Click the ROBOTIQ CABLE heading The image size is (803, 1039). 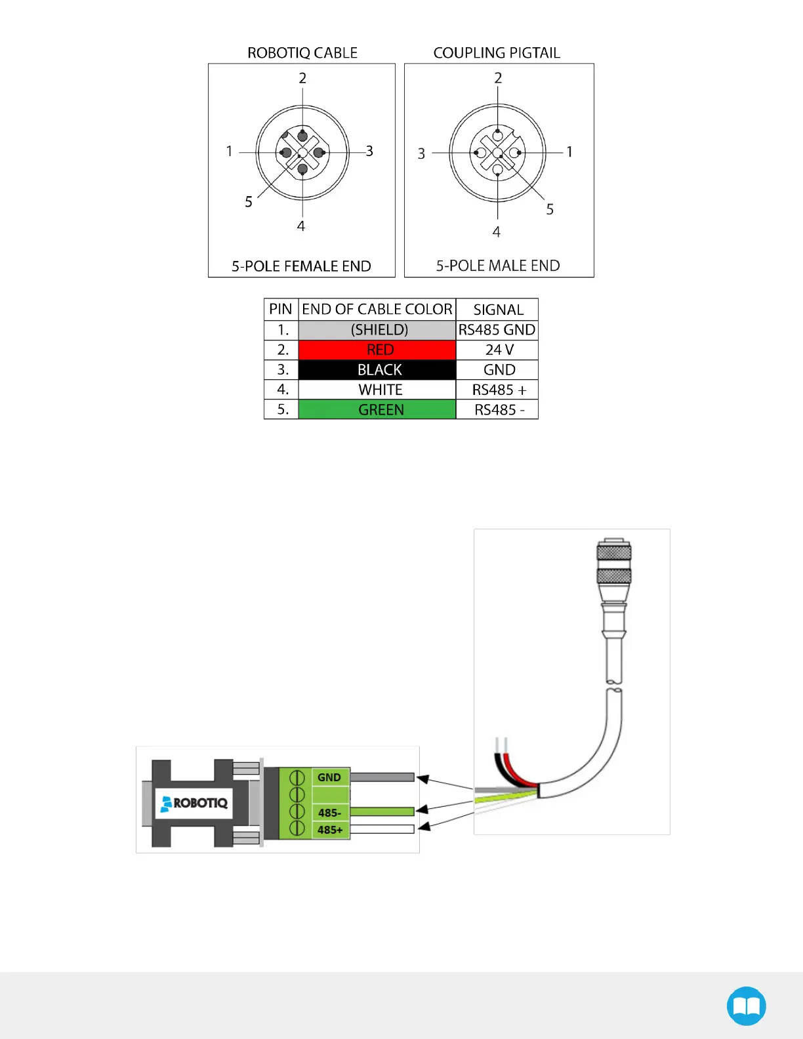tap(302, 53)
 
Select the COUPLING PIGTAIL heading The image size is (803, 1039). tap(497, 53)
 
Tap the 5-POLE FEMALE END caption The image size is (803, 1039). tap(301, 266)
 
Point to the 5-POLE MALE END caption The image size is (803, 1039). tap(498, 266)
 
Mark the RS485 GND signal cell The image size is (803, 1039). tap(497, 330)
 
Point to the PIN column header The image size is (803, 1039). tap(281, 310)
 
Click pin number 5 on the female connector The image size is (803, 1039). tap(249, 202)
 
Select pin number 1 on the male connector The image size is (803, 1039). tap(569, 152)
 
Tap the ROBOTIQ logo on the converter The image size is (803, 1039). tap(194, 803)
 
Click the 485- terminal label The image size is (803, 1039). tap(329, 813)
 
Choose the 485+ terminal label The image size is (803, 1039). tap(330, 830)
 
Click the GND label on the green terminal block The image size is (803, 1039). tap(329, 777)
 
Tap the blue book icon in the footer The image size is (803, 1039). tap(746, 1006)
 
